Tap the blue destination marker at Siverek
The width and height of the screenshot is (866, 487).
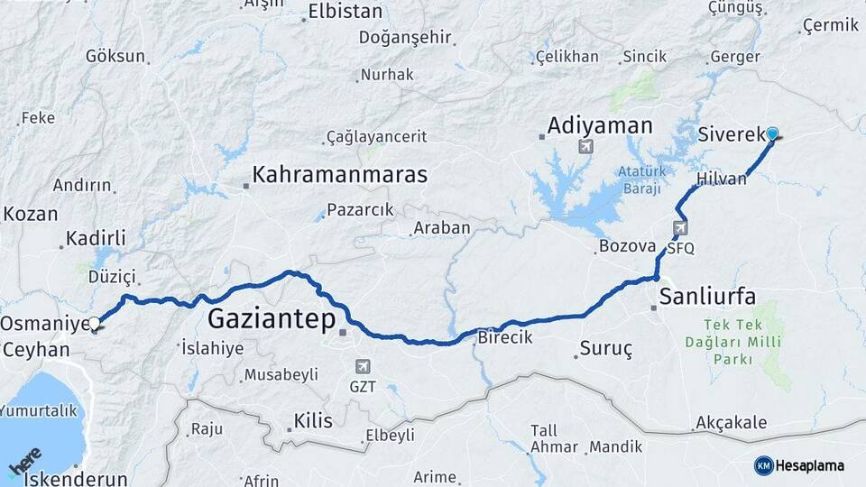(x=772, y=135)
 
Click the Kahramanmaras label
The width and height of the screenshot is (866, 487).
(x=340, y=174)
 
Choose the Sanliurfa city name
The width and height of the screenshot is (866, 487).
(x=707, y=295)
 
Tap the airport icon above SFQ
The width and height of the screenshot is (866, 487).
(x=680, y=228)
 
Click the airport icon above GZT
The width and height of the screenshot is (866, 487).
(x=362, y=366)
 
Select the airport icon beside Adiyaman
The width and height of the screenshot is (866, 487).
(x=587, y=145)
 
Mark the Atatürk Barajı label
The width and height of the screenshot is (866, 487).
(x=640, y=179)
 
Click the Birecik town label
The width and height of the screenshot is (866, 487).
(x=505, y=336)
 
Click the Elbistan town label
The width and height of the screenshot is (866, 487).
(x=345, y=12)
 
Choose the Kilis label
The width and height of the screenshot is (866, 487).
(x=313, y=420)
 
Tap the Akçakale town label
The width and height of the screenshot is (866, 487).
(x=731, y=423)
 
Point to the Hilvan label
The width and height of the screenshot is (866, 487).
(x=722, y=179)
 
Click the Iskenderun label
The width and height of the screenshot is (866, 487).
(x=76, y=479)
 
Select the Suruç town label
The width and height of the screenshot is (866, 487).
(x=606, y=347)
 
